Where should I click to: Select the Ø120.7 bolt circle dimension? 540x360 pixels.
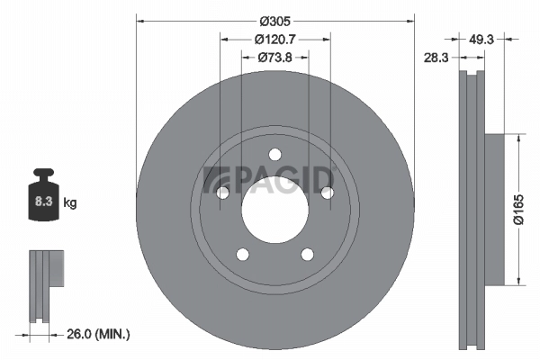tap(274, 40)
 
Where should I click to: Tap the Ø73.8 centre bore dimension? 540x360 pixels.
tap(274, 58)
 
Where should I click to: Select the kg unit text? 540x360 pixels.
tap(70, 203)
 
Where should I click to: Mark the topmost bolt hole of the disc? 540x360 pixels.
tap(275, 154)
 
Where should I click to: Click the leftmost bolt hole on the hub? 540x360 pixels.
tap(222, 193)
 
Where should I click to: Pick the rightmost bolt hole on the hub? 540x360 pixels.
tap(328, 192)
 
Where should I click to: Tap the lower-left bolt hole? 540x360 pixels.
tap(242, 254)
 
